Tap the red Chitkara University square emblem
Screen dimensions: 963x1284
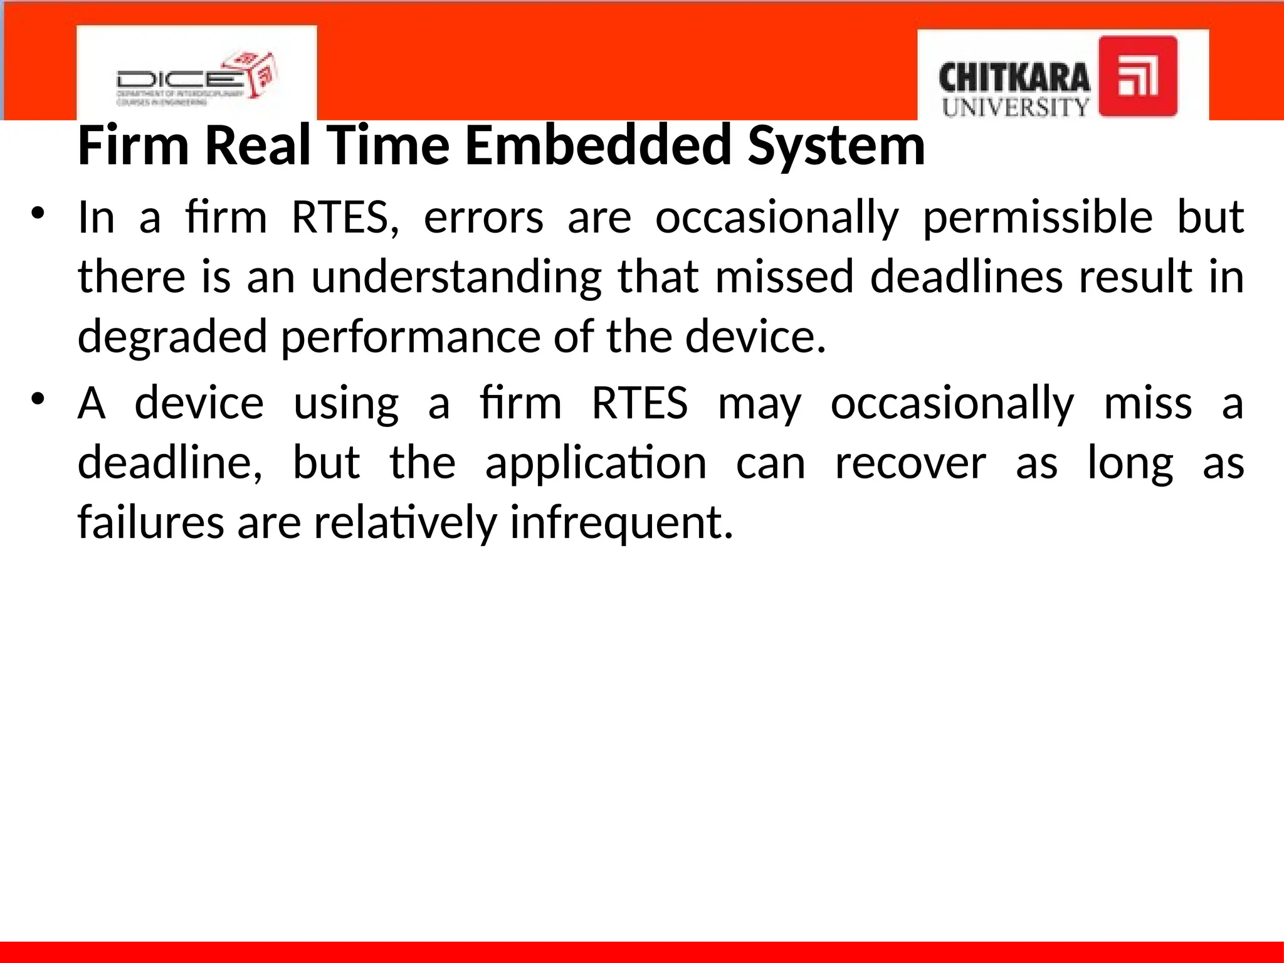pyautogui.click(x=1138, y=76)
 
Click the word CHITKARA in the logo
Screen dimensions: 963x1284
pyautogui.click(x=1014, y=79)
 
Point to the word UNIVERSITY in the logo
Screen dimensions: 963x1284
pyautogui.click(x=1015, y=107)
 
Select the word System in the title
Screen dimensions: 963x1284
pyautogui.click(x=836, y=145)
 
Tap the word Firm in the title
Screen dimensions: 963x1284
pyautogui.click(x=133, y=145)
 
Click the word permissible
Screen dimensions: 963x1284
pyautogui.click(x=1038, y=218)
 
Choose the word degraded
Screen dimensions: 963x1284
pyautogui.click(x=172, y=337)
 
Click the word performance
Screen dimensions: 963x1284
pyautogui.click(x=410, y=337)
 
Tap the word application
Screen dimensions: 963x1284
pyautogui.click(x=596, y=463)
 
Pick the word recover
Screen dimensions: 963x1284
pyautogui.click(x=910, y=463)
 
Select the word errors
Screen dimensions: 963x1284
pyautogui.click(x=483, y=218)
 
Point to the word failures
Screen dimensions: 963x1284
pyautogui.click(x=150, y=522)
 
